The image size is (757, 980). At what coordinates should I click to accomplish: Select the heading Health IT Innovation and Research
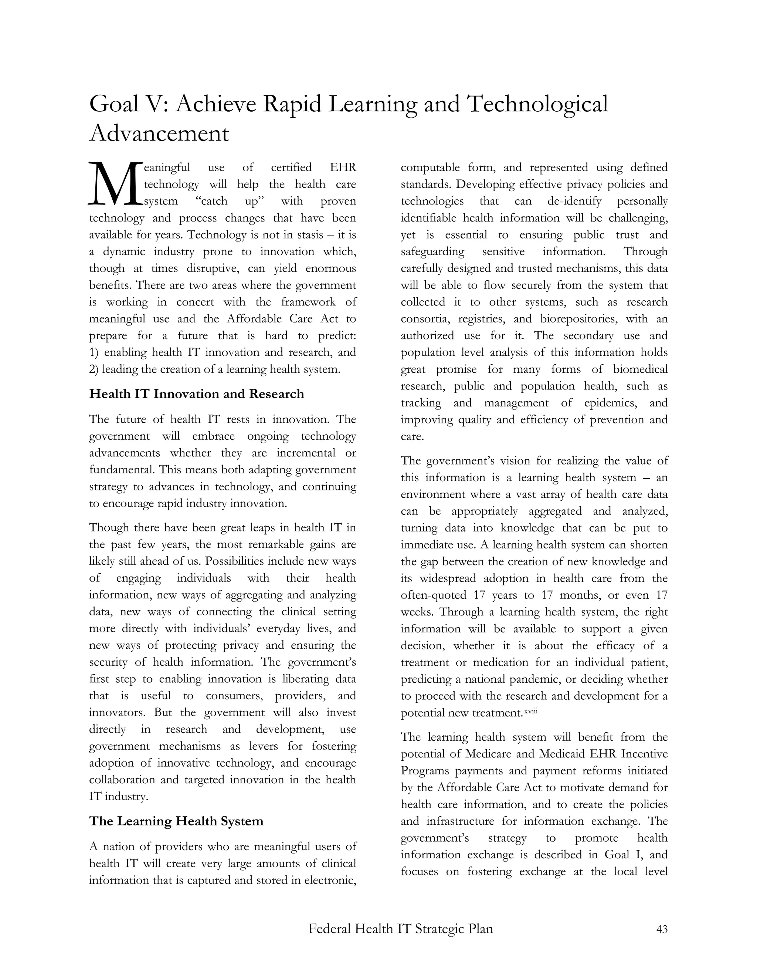pos(196,394)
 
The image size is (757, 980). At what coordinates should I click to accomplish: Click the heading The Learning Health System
pos(176,821)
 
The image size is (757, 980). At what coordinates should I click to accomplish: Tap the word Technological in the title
pos(537,104)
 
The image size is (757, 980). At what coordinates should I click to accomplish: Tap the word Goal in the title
pos(114,104)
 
